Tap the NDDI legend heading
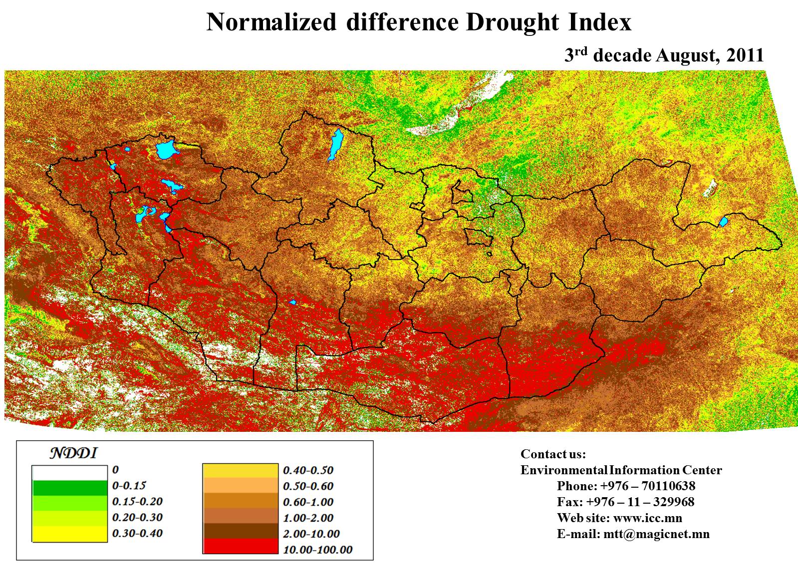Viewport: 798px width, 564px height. (73, 453)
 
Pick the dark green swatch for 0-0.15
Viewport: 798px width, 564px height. (69, 487)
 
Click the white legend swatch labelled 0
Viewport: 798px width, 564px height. (69, 472)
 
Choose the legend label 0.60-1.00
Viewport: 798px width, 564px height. (308, 502)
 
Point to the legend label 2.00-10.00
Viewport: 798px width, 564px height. (311, 534)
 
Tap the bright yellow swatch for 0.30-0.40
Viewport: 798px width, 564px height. (69, 534)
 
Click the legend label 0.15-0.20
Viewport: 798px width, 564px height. (137, 501)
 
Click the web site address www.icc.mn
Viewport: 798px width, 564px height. (647, 518)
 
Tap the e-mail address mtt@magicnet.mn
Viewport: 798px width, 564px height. (656, 534)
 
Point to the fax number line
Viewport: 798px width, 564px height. (625, 502)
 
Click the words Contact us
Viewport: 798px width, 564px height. (553, 454)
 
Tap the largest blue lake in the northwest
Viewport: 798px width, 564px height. (166, 149)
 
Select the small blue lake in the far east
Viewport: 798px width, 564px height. (723, 221)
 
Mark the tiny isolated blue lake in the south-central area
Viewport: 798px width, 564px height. (293, 302)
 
